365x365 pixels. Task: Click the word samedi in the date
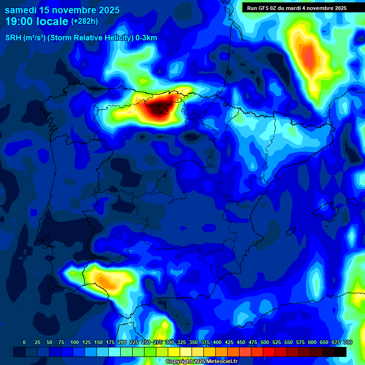[x=22, y=10]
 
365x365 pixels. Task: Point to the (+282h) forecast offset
[x=85, y=21]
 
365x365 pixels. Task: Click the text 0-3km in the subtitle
[x=146, y=38]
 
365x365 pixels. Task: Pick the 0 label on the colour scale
[x=24, y=342]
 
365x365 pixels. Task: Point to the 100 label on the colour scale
[x=74, y=342]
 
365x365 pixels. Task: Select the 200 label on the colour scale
[x=122, y=342]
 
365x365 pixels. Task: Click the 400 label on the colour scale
[x=217, y=342]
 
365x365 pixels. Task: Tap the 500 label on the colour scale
[x=265, y=342]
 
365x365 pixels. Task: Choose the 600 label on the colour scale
[x=312, y=342]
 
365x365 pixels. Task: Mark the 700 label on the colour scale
[x=348, y=342]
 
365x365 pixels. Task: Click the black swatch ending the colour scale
[x=340, y=352]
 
